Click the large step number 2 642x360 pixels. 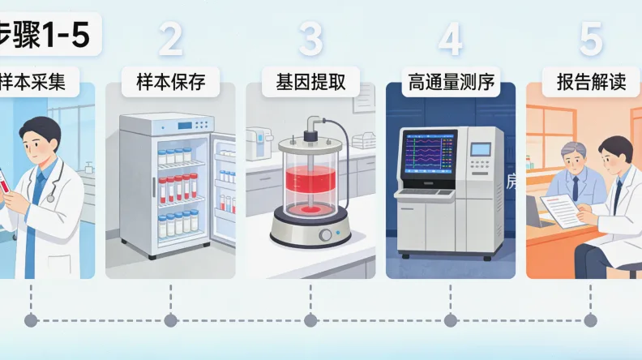click(170, 39)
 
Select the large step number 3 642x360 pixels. click(310, 39)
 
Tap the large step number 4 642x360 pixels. click(451, 39)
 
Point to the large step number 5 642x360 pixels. click(591, 39)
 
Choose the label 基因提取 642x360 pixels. click(310, 82)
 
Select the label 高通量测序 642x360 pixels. click(451, 82)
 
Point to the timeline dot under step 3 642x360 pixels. click(310, 321)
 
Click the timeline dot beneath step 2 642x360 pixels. click(170, 321)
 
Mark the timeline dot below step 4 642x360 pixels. click(451, 321)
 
